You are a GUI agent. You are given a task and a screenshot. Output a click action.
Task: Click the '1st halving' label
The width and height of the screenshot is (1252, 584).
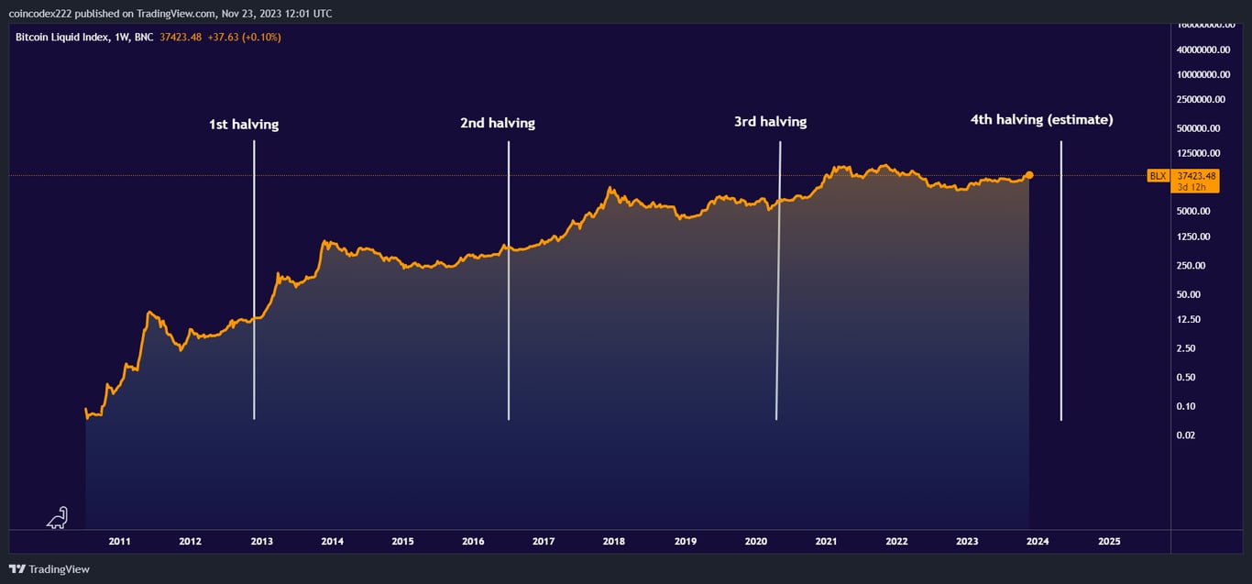pyautogui.click(x=244, y=125)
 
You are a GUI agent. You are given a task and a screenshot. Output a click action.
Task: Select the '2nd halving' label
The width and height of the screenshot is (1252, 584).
pyautogui.click(x=497, y=123)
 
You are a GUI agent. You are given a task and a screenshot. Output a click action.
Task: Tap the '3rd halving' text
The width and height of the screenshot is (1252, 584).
pyautogui.click(x=770, y=122)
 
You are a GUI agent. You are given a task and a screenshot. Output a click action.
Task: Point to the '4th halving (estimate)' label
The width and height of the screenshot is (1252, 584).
pyautogui.click(x=1041, y=119)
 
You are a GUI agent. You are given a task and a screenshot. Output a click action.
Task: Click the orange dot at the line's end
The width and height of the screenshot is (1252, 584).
pyautogui.click(x=1029, y=174)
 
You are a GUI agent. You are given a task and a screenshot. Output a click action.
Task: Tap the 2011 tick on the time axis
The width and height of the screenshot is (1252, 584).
pyautogui.click(x=120, y=542)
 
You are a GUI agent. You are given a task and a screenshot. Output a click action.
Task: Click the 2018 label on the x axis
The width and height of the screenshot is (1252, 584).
pyautogui.click(x=614, y=542)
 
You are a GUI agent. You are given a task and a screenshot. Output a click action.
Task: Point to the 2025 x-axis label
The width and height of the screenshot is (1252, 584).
pyautogui.click(x=1108, y=542)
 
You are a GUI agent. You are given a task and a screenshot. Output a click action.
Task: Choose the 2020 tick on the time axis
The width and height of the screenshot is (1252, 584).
pyautogui.click(x=755, y=542)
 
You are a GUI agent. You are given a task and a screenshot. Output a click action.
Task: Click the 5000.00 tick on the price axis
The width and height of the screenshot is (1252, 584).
pyautogui.click(x=1193, y=211)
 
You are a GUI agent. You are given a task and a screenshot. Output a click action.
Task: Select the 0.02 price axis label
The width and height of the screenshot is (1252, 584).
pyautogui.click(x=1186, y=435)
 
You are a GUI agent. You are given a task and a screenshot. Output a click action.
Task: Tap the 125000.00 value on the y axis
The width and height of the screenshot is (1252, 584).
pyautogui.click(x=1198, y=153)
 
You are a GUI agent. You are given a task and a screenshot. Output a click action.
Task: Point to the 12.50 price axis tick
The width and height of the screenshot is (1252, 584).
pyautogui.click(x=1188, y=320)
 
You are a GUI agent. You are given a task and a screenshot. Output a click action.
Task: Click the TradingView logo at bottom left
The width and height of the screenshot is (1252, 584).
pyautogui.click(x=50, y=569)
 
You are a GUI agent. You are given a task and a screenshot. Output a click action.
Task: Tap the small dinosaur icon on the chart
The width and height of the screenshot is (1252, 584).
pyautogui.click(x=57, y=518)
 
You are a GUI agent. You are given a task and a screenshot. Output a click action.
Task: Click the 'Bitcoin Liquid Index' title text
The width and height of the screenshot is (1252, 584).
pyautogui.click(x=60, y=38)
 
